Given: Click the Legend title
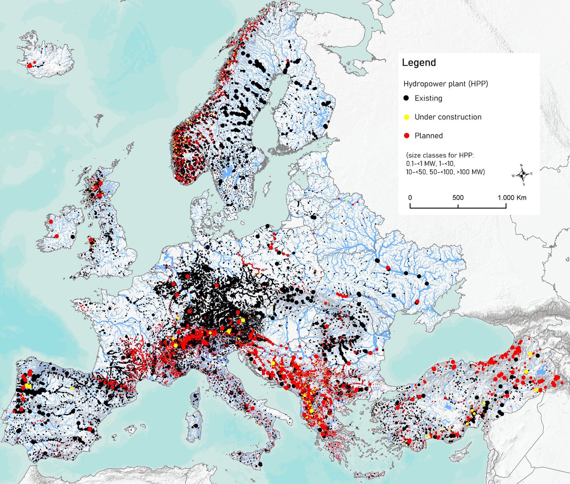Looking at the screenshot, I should (418, 63).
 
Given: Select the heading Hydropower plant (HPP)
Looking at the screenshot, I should (446, 84).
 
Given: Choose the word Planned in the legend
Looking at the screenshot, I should (428, 136).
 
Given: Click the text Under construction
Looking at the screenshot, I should (447, 117).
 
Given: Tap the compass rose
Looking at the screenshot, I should (522, 174).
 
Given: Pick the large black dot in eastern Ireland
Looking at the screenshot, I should (72, 236).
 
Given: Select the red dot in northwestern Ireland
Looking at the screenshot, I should (50, 222).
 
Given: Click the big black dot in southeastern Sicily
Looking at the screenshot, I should (260, 464).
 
